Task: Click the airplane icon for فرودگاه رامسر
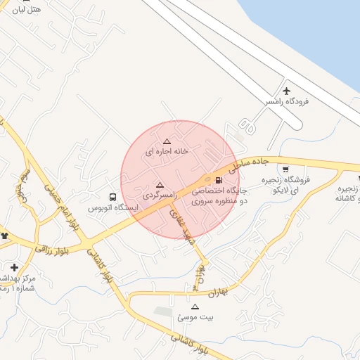(286, 91)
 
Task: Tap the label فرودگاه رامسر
(287, 102)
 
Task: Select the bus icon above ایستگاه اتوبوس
(113, 197)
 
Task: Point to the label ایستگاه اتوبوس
(113, 209)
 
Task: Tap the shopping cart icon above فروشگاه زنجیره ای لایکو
(285, 169)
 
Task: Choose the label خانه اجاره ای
(167, 151)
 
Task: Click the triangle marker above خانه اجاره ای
(167, 141)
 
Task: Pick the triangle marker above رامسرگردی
(160, 184)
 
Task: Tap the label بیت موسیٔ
(195, 317)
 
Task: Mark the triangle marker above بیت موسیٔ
(195, 307)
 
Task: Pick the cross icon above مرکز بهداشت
(14, 267)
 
